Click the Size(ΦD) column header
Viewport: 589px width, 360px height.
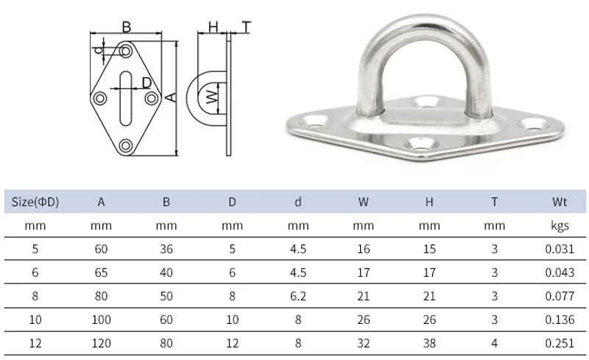35,201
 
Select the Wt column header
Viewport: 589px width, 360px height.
560,201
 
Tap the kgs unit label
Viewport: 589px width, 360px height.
560,226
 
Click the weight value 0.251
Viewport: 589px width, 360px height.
560,344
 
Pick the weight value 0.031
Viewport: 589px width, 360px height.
560,249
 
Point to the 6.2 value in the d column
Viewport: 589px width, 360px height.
298,296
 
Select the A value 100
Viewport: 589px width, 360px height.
101,320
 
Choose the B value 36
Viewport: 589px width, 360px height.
166,249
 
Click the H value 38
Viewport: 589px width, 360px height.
429,344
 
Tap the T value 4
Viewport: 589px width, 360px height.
495,344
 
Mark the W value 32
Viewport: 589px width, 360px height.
364,344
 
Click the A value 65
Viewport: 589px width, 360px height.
101,272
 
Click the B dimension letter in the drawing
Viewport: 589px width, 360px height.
127,27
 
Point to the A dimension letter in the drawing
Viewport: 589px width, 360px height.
172,97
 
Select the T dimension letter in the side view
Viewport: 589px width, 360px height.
246,27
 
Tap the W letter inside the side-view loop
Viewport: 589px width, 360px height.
211,97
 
